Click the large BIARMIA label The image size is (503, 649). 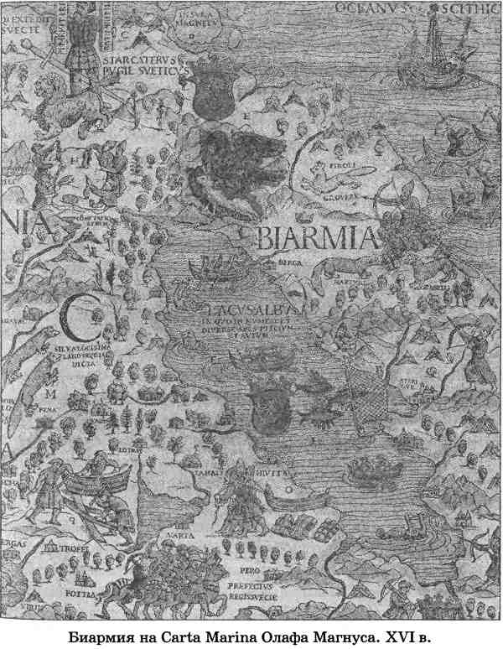(315, 238)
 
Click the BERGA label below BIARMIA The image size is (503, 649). (289, 262)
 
